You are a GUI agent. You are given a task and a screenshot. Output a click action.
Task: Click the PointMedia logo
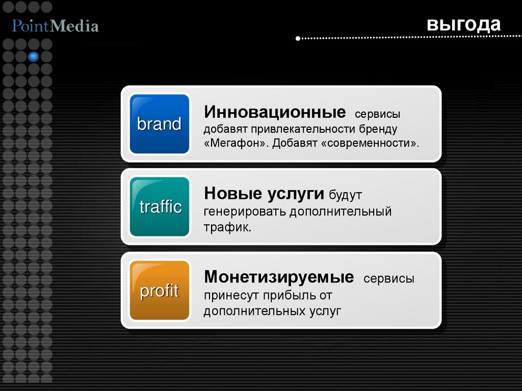point(55,25)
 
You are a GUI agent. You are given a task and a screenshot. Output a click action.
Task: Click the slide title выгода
point(464,24)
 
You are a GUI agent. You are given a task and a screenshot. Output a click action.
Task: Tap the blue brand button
point(160,124)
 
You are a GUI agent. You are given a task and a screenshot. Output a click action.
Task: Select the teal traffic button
point(160,206)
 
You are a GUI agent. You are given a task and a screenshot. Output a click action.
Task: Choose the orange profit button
point(160,291)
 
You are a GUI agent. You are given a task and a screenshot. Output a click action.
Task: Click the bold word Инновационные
point(274,111)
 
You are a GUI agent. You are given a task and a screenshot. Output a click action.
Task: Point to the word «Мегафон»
point(236,143)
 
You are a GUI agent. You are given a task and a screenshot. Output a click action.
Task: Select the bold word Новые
point(232,194)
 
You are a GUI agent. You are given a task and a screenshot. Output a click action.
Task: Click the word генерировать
point(245,211)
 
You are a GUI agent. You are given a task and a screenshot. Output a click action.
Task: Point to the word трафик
point(227,227)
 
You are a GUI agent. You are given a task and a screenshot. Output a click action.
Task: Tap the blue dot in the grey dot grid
point(34,56)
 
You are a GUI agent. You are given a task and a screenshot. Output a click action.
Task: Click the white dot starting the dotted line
point(298,38)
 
